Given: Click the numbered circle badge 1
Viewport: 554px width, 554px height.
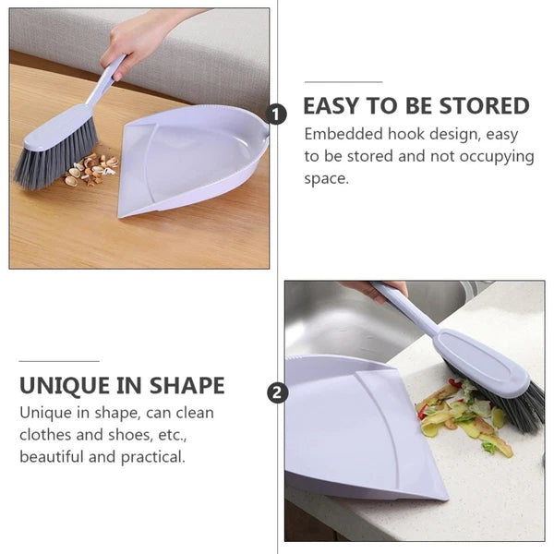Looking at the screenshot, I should [276, 114].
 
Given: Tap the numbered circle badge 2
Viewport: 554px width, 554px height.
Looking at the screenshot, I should [276, 392].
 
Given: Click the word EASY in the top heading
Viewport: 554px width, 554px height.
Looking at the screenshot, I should [336, 105].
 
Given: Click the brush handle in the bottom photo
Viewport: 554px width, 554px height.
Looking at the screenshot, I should [406, 309].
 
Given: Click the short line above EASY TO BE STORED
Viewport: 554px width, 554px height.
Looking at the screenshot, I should [343, 83].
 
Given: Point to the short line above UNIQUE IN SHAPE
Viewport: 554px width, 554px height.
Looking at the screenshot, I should [59, 361].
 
